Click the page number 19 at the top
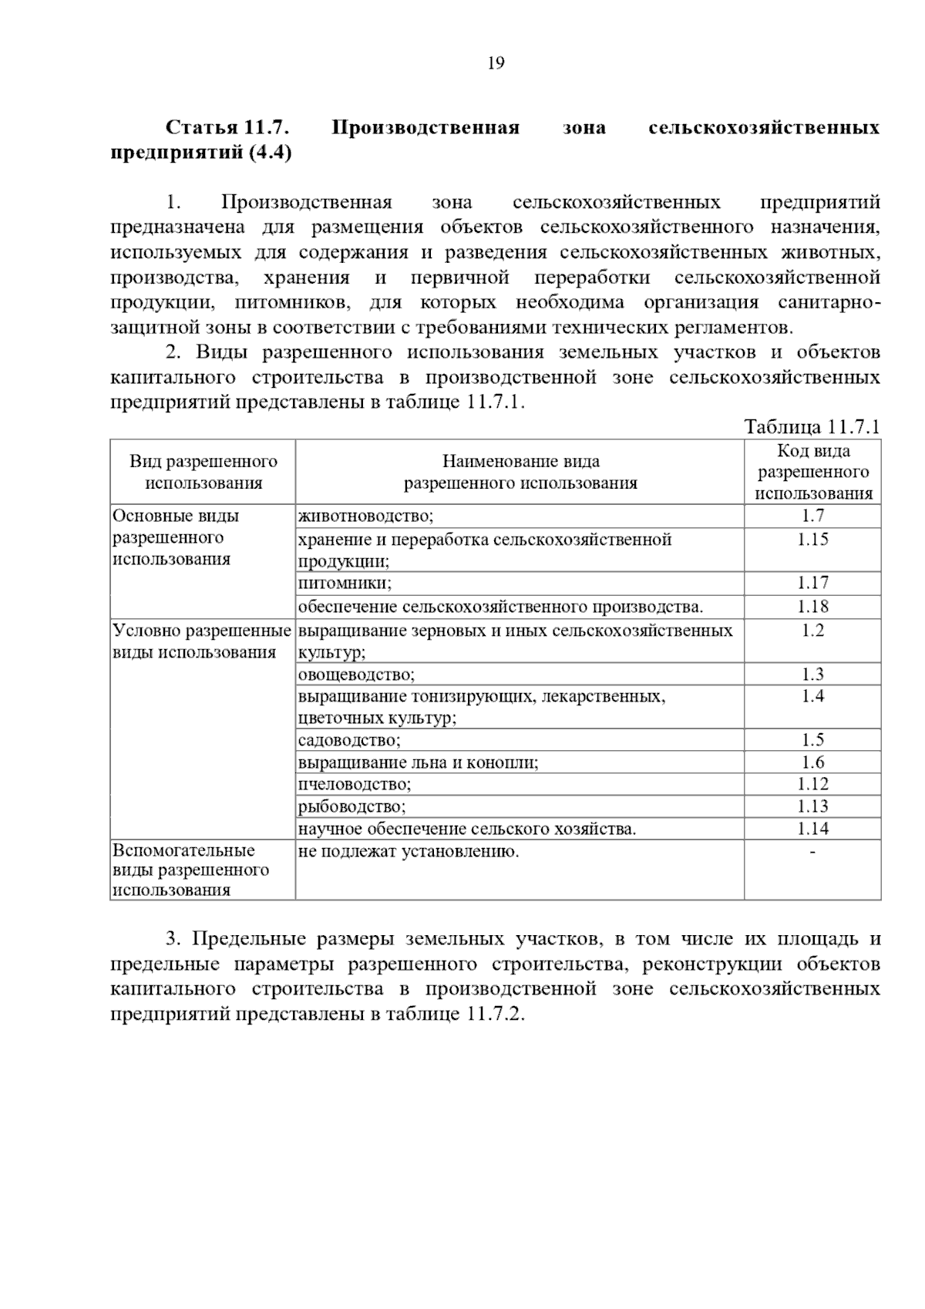(496, 63)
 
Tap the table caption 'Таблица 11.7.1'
(812, 427)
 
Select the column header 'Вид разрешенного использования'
(203, 472)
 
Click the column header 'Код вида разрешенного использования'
(813, 472)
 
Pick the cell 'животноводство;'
(365, 516)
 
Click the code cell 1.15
(812, 539)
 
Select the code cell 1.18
(812, 607)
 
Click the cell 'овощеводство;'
(356, 675)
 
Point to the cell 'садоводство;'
(349, 740)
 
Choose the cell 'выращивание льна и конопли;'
(418, 762)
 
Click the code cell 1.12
(812, 784)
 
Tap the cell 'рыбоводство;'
(351, 806)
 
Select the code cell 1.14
(812, 829)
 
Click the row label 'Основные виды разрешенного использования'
(176, 537)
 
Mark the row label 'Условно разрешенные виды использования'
(202, 641)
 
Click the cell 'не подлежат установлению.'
(409, 851)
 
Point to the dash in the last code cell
(812, 852)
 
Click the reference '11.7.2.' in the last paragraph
(495, 1013)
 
